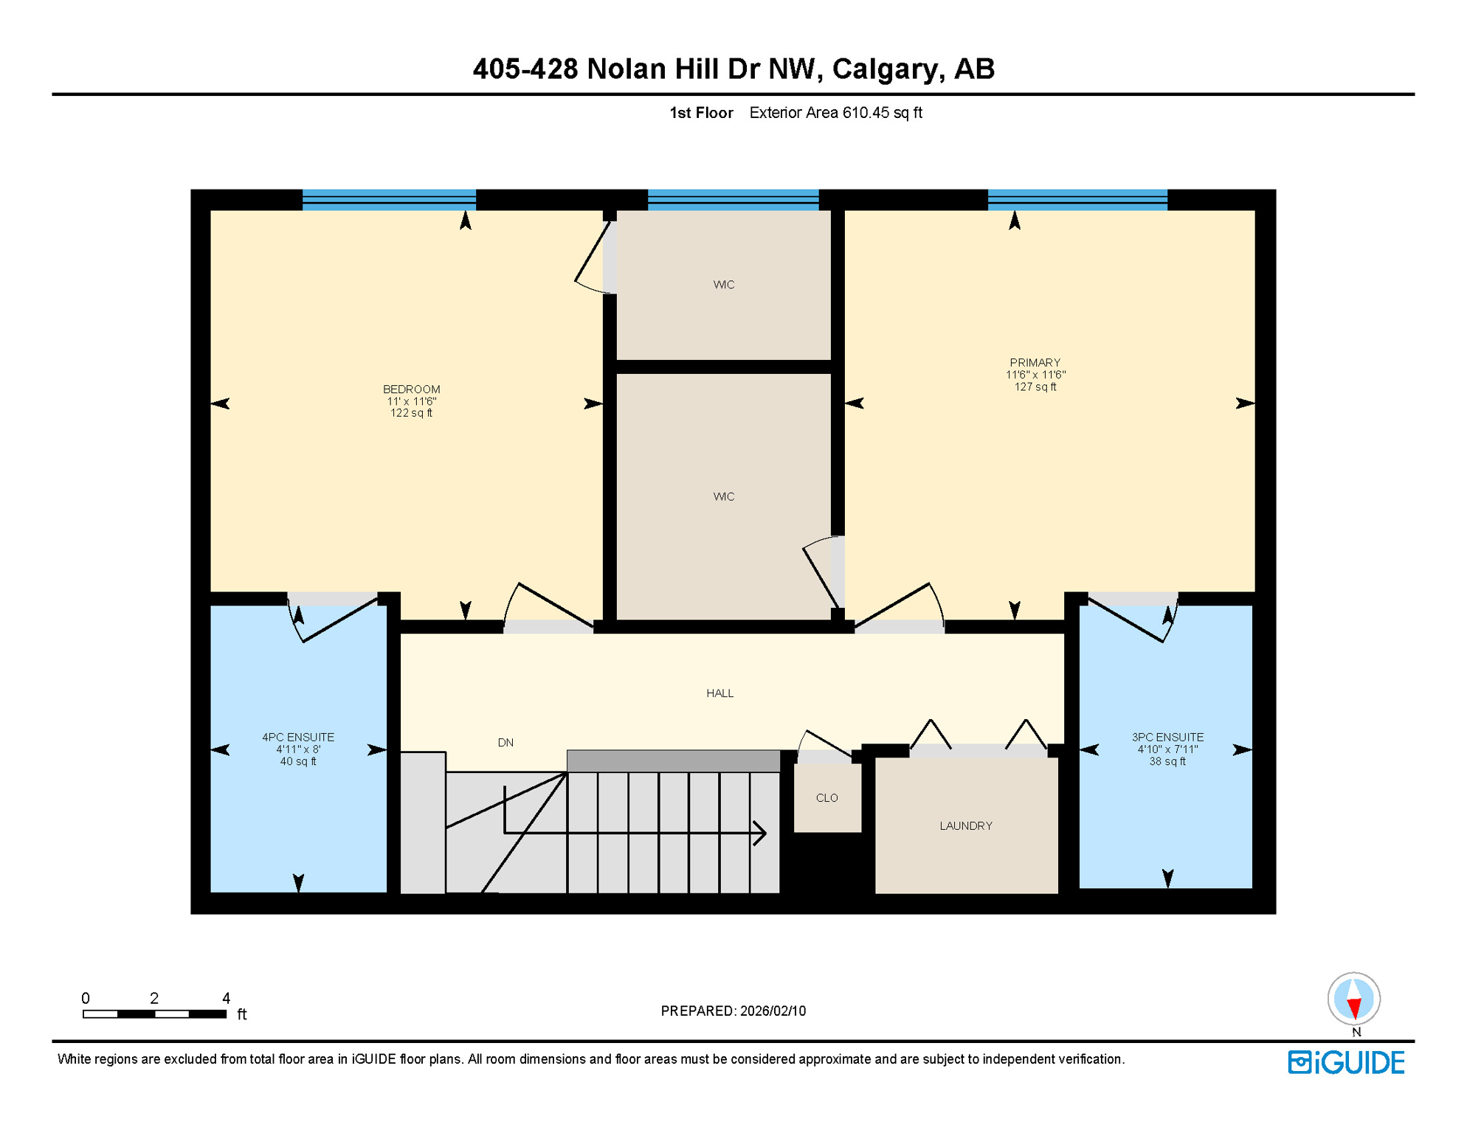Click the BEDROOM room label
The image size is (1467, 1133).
click(411, 389)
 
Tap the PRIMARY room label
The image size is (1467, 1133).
click(1035, 363)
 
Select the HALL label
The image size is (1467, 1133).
click(719, 693)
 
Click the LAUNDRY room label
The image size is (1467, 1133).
click(965, 826)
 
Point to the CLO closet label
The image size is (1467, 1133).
click(826, 798)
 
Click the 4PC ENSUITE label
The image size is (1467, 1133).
click(298, 738)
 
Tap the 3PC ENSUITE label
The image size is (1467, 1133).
click(1167, 738)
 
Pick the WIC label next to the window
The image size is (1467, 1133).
click(723, 285)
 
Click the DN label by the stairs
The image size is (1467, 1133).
click(505, 743)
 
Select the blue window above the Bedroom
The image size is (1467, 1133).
click(389, 200)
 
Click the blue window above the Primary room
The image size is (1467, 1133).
click(1077, 200)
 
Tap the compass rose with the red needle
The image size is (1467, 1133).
click(1353, 999)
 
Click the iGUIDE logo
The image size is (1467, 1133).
click(1346, 1063)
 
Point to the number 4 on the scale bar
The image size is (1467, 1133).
click(226, 999)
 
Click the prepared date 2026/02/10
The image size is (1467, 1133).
click(773, 1011)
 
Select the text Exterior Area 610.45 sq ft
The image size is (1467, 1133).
click(835, 113)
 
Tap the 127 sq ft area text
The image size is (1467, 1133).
click(1035, 387)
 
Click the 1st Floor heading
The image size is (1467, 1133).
click(701, 113)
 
